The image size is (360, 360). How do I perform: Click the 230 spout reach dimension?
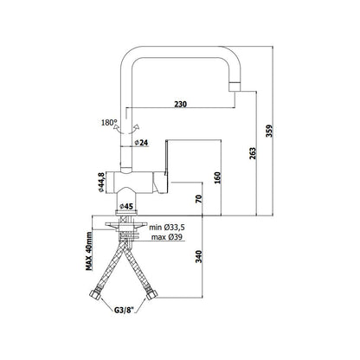tap(181, 104)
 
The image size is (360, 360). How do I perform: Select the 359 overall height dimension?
tap(269, 131)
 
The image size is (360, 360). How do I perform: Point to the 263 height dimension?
tap(253, 153)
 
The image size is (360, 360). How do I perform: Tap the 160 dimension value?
tap(217, 177)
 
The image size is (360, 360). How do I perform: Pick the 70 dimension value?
tap(199, 199)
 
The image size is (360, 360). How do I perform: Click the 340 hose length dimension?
tap(199, 256)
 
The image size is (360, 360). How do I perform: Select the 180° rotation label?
tap(109, 123)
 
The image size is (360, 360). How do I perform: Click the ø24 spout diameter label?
tap(141, 142)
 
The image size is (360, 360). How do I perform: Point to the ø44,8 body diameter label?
tap(100, 183)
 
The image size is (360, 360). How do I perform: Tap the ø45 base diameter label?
tap(126, 206)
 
